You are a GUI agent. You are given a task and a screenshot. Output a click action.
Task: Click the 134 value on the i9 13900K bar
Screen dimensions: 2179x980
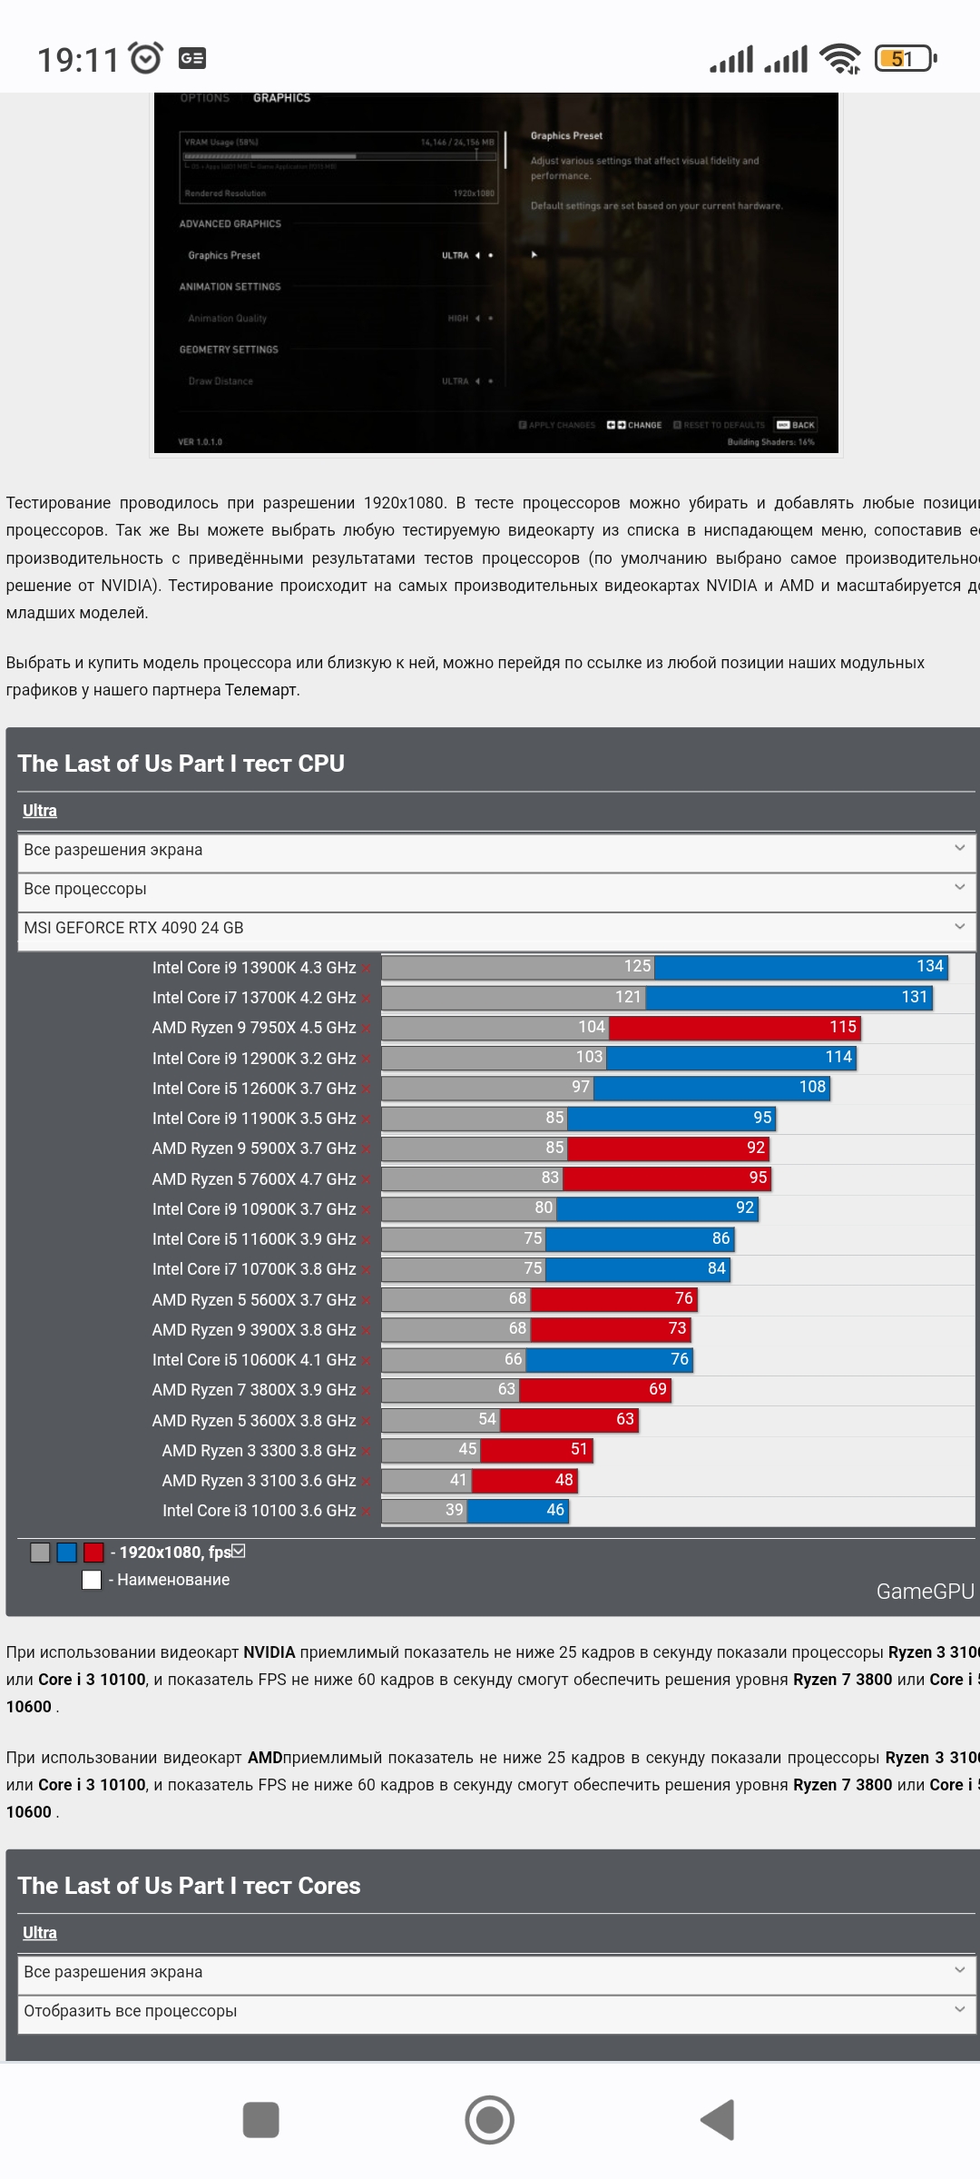click(x=929, y=966)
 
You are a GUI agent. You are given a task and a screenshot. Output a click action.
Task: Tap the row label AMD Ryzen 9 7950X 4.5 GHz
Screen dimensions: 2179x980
click(x=253, y=1028)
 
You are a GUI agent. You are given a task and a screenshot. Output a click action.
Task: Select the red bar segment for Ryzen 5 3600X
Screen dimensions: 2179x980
click(x=569, y=1419)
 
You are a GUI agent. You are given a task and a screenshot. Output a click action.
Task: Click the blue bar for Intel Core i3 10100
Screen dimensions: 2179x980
click(x=518, y=1510)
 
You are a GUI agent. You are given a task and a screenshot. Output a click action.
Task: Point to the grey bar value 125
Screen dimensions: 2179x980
click(x=637, y=966)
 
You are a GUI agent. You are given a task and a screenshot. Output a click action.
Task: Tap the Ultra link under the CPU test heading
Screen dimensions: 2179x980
click(x=40, y=811)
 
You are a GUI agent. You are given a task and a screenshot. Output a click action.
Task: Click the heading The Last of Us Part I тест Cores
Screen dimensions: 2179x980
click(x=189, y=1886)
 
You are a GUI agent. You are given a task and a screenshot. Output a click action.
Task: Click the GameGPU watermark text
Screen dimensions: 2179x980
click(x=925, y=1592)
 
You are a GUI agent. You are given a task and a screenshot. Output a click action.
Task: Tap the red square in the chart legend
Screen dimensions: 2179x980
click(x=93, y=1553)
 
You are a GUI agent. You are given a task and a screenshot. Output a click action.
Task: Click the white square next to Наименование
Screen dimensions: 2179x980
click(x=92, y=1580)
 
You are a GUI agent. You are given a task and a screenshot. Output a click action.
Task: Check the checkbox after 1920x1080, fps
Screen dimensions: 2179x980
click(x=239, y=1552)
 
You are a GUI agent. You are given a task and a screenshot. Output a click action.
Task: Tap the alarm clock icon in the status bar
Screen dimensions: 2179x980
click(x=146, y=58)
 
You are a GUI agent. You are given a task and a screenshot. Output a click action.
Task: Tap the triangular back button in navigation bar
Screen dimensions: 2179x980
click(x=718, y=2120)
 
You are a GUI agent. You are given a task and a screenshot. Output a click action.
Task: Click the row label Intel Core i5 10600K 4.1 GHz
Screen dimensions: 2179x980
click(x=253, y=1360)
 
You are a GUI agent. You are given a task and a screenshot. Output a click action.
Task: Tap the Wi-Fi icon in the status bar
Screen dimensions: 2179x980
click(x=839, y=59)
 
